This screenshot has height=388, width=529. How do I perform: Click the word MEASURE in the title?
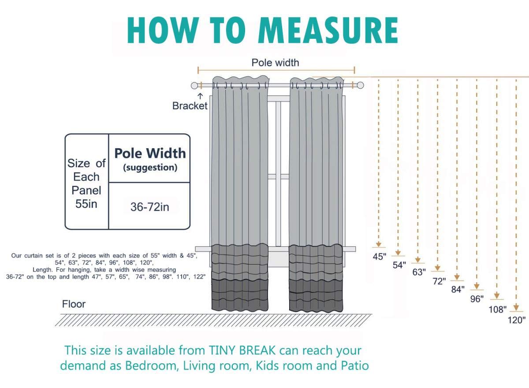coord(330,30)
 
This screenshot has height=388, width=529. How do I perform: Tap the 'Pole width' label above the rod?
coord(275,63)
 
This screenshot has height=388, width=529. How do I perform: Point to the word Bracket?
coord(190,106)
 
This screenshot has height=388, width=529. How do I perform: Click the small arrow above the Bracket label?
coord(200,96)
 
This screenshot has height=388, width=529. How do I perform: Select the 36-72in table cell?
coord(150,207)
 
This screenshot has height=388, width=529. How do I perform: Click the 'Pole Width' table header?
coord(150,153)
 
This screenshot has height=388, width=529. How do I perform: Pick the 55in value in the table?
coord(86,204)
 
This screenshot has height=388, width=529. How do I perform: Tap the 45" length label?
coord(379,257)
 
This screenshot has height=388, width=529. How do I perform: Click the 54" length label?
coord(399,265)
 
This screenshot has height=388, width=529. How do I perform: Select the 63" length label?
coord(419,272)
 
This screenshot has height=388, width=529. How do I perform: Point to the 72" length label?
coord(439,281)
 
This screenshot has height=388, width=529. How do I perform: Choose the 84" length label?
coord(458,290)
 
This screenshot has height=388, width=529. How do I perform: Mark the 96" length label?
coord(477,299)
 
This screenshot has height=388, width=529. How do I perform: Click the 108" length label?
coord(498,310)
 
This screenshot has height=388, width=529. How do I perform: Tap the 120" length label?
coord(517,320)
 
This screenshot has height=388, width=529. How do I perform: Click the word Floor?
coord(74,304)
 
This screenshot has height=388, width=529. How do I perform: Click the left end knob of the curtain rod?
coord(194,86)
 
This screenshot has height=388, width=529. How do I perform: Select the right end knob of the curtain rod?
coord(360,85)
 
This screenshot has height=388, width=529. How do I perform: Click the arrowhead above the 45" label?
coord(379,244)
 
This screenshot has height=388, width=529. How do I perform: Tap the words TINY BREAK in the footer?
coord(242,351)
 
